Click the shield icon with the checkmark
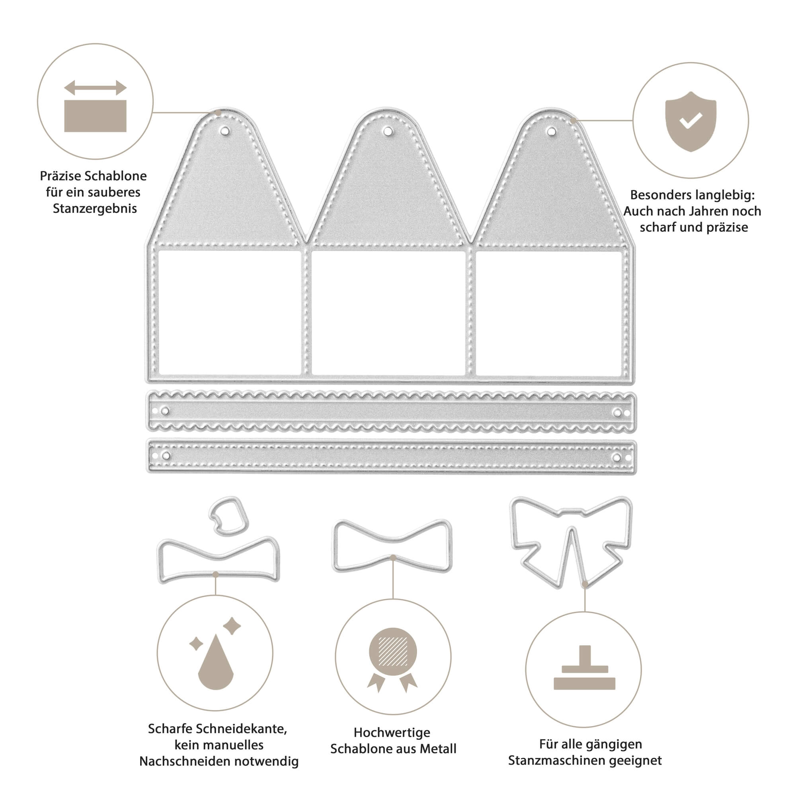pyautogui.click(x=691, y=121)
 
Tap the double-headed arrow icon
pyautogui.click(x=95, y=88)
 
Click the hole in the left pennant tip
pyautogui.click(x=224, y=131)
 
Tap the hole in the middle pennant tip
pyautogui.click(x=388, y=131)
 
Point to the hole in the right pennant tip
pyautogui.click(x=551, y=131)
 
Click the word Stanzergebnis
pyautogui.click(x=95, y=209)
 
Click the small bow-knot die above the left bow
pyautogui.click(x=229, y=516)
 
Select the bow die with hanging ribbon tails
pyautogui.click(x=571, y=542)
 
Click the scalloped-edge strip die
pyautogui.click(x=391, y=412)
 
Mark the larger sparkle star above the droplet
pyautogui.click(x=232, y=626)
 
